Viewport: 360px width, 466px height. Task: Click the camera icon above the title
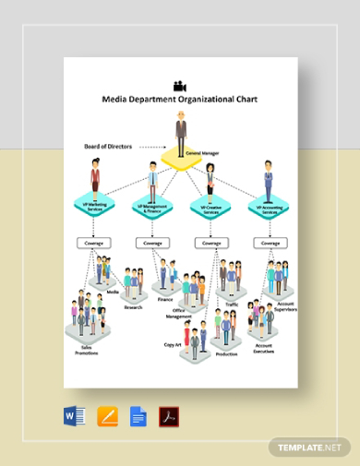coord(179,85)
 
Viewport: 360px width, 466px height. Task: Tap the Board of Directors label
coord(108,146)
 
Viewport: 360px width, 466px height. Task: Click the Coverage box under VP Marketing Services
coord(94,244)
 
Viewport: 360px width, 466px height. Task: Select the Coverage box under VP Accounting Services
coord(269,244)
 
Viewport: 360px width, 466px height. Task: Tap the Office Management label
coord(180,315)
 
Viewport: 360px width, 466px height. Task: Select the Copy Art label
coord(172,343)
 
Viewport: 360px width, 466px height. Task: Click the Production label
coord(226,352)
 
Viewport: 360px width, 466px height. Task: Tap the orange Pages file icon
coord(107,416)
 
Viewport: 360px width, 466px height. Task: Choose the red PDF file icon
coord(169,416)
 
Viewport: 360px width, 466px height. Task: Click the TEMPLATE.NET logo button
coord(311,447)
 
